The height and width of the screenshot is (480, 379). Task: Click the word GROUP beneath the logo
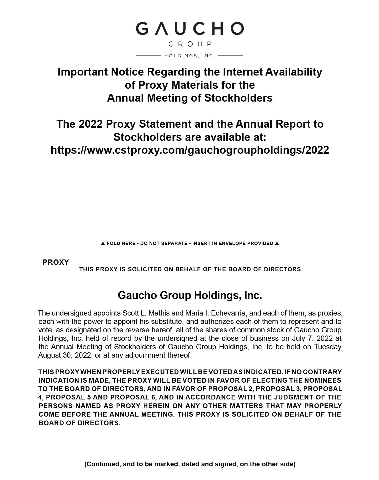pyautogui.click(x=190, y=44)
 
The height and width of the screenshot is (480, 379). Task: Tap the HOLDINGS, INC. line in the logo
pyautogui.click(x=189, y=56)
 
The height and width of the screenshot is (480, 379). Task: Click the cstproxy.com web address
pyautogui.click(x=189, y=150)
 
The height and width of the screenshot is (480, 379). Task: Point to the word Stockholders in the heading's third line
pyautogui.click(x=238, y=98)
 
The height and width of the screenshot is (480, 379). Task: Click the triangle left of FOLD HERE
pyautogui.click(x=103, y=243)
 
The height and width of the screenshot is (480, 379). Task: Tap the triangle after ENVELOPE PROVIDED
pyautogui.click(x=277, y=243)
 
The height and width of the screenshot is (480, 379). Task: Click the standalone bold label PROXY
pyautogui.click(x=56, y=262)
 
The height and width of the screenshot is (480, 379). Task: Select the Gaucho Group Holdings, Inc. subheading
pyautogui.click(x=190, y=295)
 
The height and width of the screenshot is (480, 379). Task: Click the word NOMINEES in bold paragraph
pyautogui.click(x=323, y=380)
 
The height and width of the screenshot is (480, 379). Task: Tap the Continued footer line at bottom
pyautogui.click(x=190, y=464)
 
